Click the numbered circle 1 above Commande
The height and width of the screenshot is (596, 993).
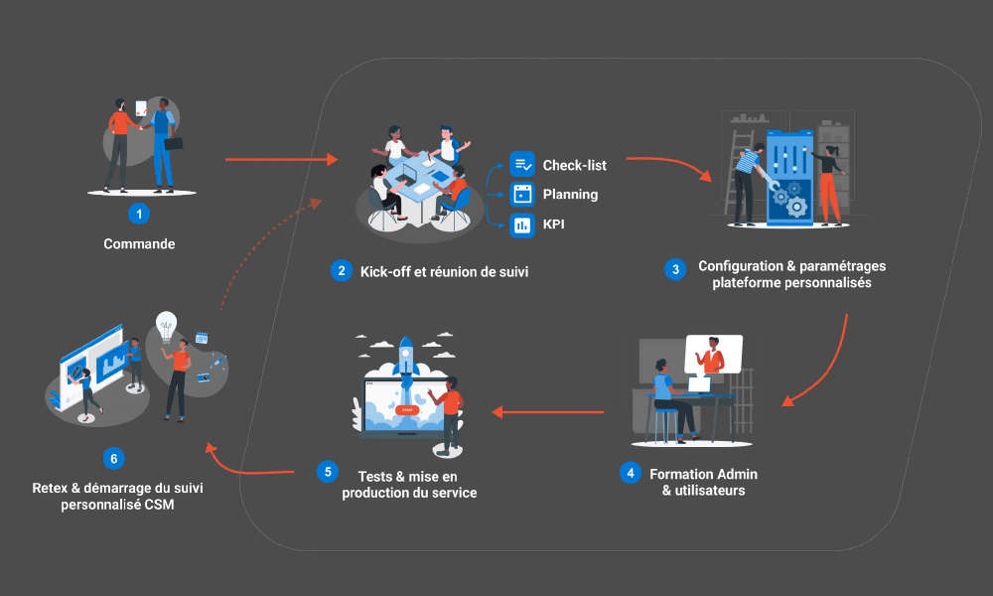pos(140,213)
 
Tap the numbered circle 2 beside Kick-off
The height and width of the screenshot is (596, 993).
pos(341,270)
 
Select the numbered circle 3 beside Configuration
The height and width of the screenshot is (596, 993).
pos(675,269)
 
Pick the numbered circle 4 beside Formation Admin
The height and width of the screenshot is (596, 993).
pos(630,473)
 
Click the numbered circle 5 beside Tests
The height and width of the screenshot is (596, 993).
pos(328,471)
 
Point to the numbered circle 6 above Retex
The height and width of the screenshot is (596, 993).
pos(114,458)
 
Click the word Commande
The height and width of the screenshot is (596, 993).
pos(139,243)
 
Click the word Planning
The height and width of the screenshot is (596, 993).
pos(570,194)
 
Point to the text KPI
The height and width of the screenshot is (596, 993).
pos(553,224)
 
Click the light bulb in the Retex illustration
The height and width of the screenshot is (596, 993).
pos(167,324)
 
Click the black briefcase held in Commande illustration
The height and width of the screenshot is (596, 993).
pos(173,143)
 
